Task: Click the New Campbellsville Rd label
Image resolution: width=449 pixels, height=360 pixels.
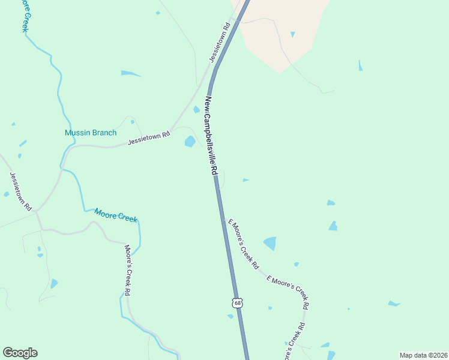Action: [x=211, y=136]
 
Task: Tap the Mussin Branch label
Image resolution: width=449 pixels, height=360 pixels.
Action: [x=91, y=133]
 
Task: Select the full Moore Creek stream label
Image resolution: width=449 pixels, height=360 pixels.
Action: [x=115, y=215]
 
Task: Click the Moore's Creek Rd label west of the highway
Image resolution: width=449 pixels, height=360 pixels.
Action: [x=127, y=269]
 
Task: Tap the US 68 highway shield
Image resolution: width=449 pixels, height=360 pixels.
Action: [x=238, y=303]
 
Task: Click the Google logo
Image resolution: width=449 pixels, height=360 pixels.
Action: [x=20, y=352]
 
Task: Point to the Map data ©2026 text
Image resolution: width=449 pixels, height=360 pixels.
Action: [x=423, y=355]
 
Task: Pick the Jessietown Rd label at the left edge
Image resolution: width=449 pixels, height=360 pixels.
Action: [x=20, y=191]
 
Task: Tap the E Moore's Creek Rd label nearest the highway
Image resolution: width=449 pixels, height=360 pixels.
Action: [x=243, y=243]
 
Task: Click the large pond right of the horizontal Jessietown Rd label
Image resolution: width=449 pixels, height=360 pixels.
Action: [x=190, y=142]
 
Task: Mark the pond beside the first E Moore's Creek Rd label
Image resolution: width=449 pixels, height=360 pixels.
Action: [x=270, y=243]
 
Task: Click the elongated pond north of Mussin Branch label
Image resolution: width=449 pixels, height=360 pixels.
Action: [x=130, y=73]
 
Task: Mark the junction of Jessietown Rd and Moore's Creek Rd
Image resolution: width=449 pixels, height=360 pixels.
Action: [x=37, y=211]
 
